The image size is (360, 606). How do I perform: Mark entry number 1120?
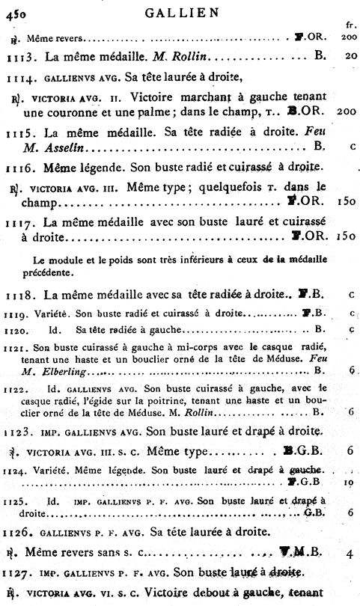pyautogui.click(x=17, y=328)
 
